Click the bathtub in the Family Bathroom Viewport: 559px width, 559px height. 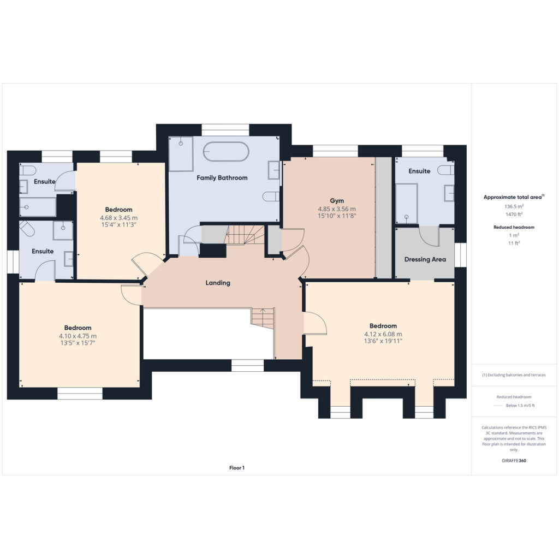pos(226,152)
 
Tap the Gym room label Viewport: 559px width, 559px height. pos(337,201)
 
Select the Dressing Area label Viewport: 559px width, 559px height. pos(425,259)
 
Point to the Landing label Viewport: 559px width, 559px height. pos(218,283)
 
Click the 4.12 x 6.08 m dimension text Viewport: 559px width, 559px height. pos(383,335)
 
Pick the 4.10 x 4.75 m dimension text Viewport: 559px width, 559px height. pos(78,336)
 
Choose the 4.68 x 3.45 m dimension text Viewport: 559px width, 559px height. pos(118,218)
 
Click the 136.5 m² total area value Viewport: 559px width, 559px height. pos(514,206)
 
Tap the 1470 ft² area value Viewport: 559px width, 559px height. pos(514,214)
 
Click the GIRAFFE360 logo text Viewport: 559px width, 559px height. pos(514,461)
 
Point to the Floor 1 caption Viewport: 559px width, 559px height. pos(237,468)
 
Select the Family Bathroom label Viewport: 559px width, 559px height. pos(222,178)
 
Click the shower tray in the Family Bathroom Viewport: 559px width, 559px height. pos(181,153)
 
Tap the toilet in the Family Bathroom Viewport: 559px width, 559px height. pos(271,197)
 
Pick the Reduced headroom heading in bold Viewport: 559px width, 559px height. pos(514,227)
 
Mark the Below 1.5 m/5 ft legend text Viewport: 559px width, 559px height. pos(520,406)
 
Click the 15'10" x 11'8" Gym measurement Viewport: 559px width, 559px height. pos(337,216)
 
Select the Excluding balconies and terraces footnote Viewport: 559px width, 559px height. pos(514,375)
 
